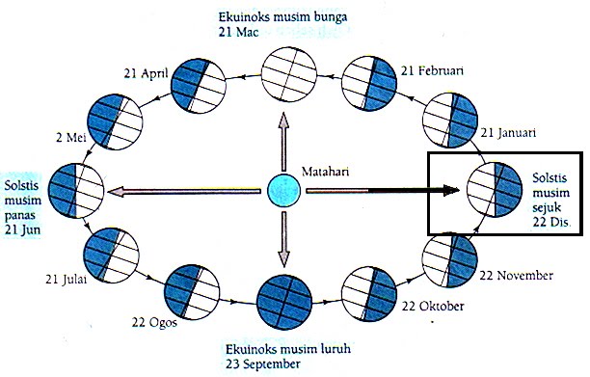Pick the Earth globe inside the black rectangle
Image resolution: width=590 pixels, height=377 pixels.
point(494,191)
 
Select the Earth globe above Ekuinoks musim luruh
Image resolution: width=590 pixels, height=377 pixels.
point(284,303)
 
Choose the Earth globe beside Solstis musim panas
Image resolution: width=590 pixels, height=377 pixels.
point(77,191)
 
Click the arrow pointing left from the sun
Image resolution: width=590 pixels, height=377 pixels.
point(184,191)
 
